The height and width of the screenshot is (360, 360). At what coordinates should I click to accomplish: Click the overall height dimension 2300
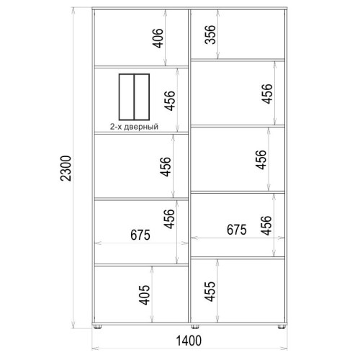click(66, 168)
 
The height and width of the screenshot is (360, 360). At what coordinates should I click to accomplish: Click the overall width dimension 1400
click(189, 341)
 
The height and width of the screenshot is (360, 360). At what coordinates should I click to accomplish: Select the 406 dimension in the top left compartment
click(158, 38)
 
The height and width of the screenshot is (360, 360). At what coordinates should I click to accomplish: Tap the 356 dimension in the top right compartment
click(210, 35)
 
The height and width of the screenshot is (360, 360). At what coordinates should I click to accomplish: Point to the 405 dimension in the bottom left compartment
click(145, 294)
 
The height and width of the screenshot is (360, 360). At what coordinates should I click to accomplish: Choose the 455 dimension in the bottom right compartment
click(210, 291)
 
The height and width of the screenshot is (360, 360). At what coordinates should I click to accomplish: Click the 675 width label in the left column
click(140, 235)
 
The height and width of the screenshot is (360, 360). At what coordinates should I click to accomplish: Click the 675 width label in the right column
click(237, 230)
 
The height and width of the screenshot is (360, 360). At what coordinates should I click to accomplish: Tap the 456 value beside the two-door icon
click(170, 101)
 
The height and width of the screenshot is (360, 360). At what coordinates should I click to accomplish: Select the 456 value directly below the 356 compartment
click(267, 94)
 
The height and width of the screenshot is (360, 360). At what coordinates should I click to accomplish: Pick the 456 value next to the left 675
click(168, 219)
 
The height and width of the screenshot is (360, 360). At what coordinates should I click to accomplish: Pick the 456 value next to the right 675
click(266, 225)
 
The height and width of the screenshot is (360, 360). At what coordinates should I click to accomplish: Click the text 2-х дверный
click(134, 127)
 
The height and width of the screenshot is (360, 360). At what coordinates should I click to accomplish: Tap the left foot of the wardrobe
click(97, 327)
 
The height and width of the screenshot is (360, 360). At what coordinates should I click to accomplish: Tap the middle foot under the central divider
click(195, 327)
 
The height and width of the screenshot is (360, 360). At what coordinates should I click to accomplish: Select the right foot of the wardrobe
click(282, 327)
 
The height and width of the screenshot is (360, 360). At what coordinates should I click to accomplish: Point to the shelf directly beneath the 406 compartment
click(141, 67)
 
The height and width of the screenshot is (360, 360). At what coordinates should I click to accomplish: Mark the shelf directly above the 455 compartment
click(238, 258)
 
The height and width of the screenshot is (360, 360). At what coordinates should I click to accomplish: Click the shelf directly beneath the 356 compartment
click(238, 60)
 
